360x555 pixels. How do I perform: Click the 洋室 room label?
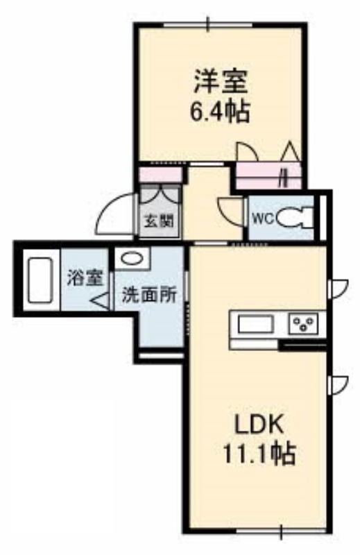pos(221,81)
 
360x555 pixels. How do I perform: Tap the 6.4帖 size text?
pos(220,111)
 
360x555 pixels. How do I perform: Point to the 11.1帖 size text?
pos(259,454)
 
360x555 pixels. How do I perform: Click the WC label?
pos(263,219)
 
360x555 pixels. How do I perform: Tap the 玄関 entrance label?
pos(160,221)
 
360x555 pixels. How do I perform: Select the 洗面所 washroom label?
pos(149,295)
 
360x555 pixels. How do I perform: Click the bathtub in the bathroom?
pos(41,280)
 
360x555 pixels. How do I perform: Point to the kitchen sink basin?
pos(255,325)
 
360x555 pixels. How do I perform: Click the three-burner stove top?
pos(303,324)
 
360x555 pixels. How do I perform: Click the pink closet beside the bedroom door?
pos(268,176)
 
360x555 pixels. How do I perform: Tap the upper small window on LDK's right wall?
pos(338,289)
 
